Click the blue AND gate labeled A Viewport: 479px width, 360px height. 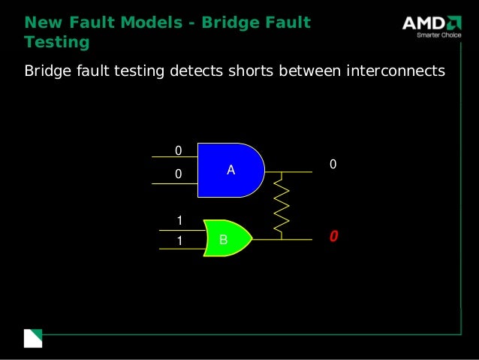pyautogui.click(x=230, y=170)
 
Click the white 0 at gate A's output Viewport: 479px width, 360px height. pyautogui.click(x=333, y=164)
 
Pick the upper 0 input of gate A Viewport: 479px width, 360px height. pyautogui.click(x=178, y=151)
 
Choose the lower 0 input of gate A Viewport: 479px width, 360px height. pyautogui.click(x=178, y=174)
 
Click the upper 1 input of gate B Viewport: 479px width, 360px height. pyautogui.click(x=179, y=220)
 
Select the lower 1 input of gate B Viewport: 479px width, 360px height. pyautogui.click(x=179, y=241)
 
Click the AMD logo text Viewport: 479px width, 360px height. pyautogui.click(x=422, y=24)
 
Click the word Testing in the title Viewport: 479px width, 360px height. pyautogui.click(x=56, y=43)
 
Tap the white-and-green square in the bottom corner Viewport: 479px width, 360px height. pyautogui.click(x=33, y=338)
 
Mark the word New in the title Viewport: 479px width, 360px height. pyautogui.click(x=41, y=23)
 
